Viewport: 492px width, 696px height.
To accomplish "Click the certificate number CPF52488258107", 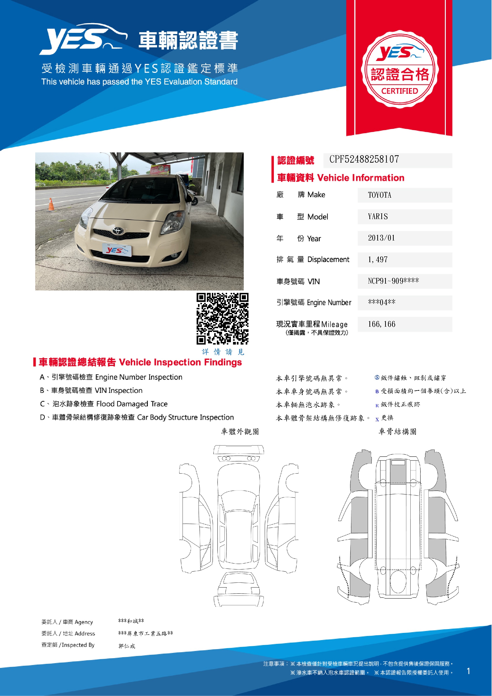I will [364, 160].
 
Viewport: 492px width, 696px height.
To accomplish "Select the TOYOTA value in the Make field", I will [379, 195].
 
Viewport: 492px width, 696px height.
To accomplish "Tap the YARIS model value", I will [378, 217].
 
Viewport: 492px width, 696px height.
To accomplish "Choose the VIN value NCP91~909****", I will [393, 281].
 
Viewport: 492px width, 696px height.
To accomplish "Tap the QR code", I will [222, 319].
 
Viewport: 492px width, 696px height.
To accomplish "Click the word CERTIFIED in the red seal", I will [399, 91].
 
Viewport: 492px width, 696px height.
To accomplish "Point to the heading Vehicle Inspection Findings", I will [180, 363].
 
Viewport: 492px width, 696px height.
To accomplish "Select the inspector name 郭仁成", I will [127, 646].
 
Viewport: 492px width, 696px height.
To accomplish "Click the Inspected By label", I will [68, 645].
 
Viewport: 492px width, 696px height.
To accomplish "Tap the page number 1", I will [468, 671].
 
